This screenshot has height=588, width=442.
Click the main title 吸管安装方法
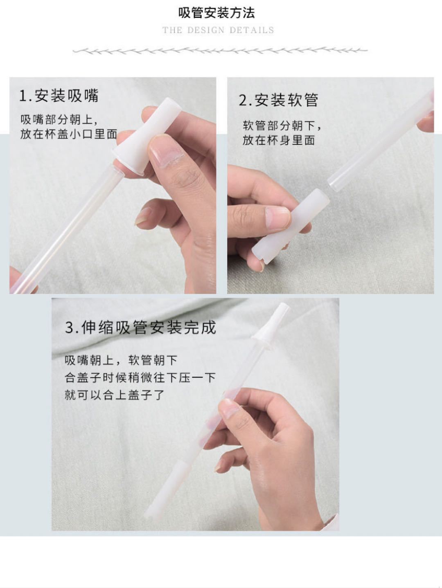coord(216,13)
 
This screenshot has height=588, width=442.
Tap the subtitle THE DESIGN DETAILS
coord(219,30)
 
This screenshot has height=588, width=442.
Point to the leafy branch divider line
coord(220,51)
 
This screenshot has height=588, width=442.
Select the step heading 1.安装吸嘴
coord(59,96)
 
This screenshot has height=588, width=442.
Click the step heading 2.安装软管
coord(278,100)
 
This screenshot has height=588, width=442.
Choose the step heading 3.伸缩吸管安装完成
coord(141,327)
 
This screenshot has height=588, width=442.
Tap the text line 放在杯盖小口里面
coord(69,134)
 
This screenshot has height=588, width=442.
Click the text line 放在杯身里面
coord(279,140)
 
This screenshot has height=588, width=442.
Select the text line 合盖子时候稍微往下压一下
coord(140,378)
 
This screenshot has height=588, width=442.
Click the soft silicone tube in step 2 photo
coord(291,227)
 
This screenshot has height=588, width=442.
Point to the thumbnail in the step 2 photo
coord(277,218)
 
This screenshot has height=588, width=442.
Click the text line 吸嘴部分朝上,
coord(59,119)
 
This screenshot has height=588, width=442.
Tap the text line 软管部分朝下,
coord(282,126)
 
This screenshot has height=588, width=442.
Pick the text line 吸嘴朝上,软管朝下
coord(121,360)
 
